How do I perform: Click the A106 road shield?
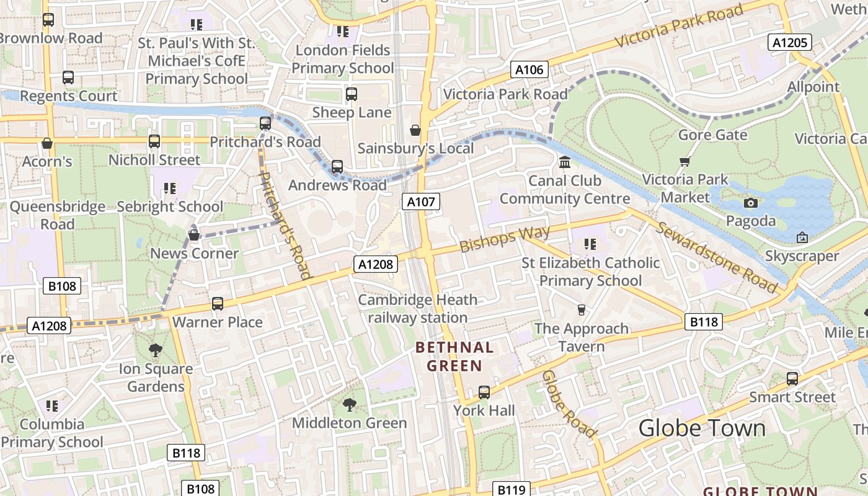pyautogui.click(x=529, y=70)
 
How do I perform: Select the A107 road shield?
pyautogui.click(x=422, y=201)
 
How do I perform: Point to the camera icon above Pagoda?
pyautogui.click(x=750, y=203)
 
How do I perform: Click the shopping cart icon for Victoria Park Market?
pyautogui.click(x=684, y=162)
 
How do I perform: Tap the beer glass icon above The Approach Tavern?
pyautogui.click(x=581, y=310)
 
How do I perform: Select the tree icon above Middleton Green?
pyautogui.click(x=350, y=405)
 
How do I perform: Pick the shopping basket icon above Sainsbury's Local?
pyautogui.click(x=415, y=130)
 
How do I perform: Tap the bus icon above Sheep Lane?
pyautogui.click(x=352, y=94)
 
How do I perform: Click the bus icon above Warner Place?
pyautogui.click(x=218, y=304)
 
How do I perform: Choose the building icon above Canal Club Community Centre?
pyautogui.click(x=565, y=162)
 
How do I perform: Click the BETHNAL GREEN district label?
pyautogui.click(x=454, y=356)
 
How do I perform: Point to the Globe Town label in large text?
pyautogui.click(x=702, y=428)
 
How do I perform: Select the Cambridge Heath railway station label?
pyautogui.click(x=418, y=309)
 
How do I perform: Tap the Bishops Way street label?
pyautogui.click(x=505, y=239)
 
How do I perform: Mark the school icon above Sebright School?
pyautogui.click(x=170, y=188)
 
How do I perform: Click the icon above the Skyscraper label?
pyautogui.click(x=802, y=237)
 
